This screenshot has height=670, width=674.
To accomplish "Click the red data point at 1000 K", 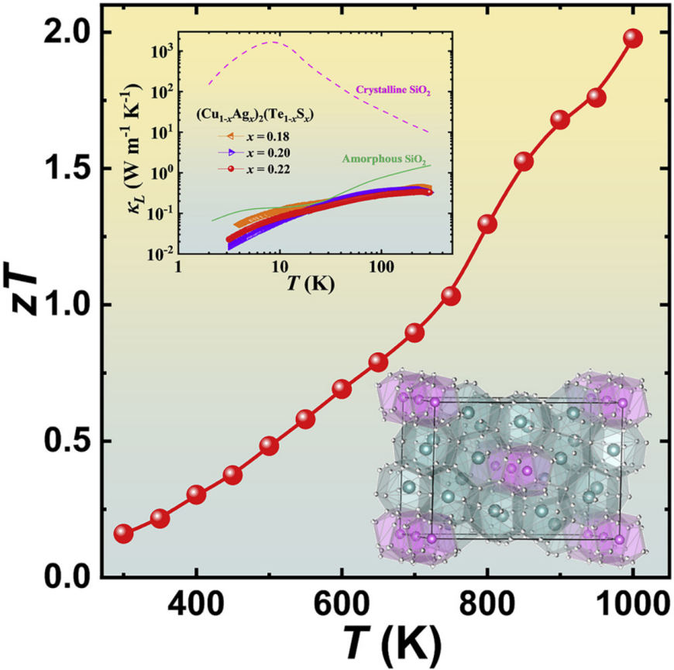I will [x=633, y=39].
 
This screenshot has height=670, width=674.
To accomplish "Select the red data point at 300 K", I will [x=124, y=534].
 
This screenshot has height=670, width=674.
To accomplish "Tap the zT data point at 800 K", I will [x=487, y=224].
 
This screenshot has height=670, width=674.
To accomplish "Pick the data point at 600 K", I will [x=342, y=389].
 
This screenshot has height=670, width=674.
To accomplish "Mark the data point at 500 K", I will [x=269, y=445].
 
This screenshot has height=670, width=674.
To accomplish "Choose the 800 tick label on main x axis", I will [x=487, y=606].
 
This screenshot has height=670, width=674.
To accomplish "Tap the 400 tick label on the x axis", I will [x=197, y=606].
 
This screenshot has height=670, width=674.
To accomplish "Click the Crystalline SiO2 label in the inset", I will [x=393, y=91].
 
